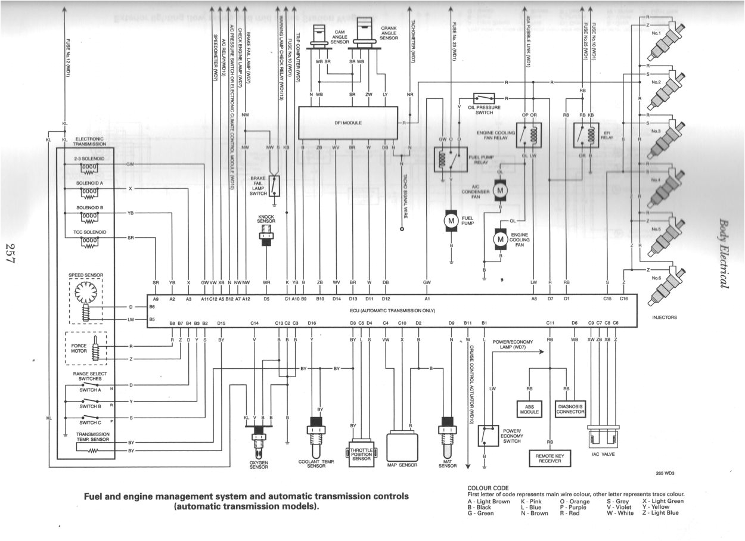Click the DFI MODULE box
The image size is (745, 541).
pyautogui.click(x=347, y=123)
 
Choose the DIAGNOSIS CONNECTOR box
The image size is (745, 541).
pyautogui.click(x=570, y=409)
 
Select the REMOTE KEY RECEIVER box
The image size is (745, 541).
pyautogui.click(x=550, y=458)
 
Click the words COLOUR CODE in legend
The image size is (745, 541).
pyautogui.click(x=488, y=488)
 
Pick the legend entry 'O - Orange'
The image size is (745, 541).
pyautogui.click(x=573, y=501)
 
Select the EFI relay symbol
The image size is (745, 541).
pyautogui.click(x=583, y=135)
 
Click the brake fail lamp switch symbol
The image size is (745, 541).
pyautogui.click(x=274, y=185)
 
